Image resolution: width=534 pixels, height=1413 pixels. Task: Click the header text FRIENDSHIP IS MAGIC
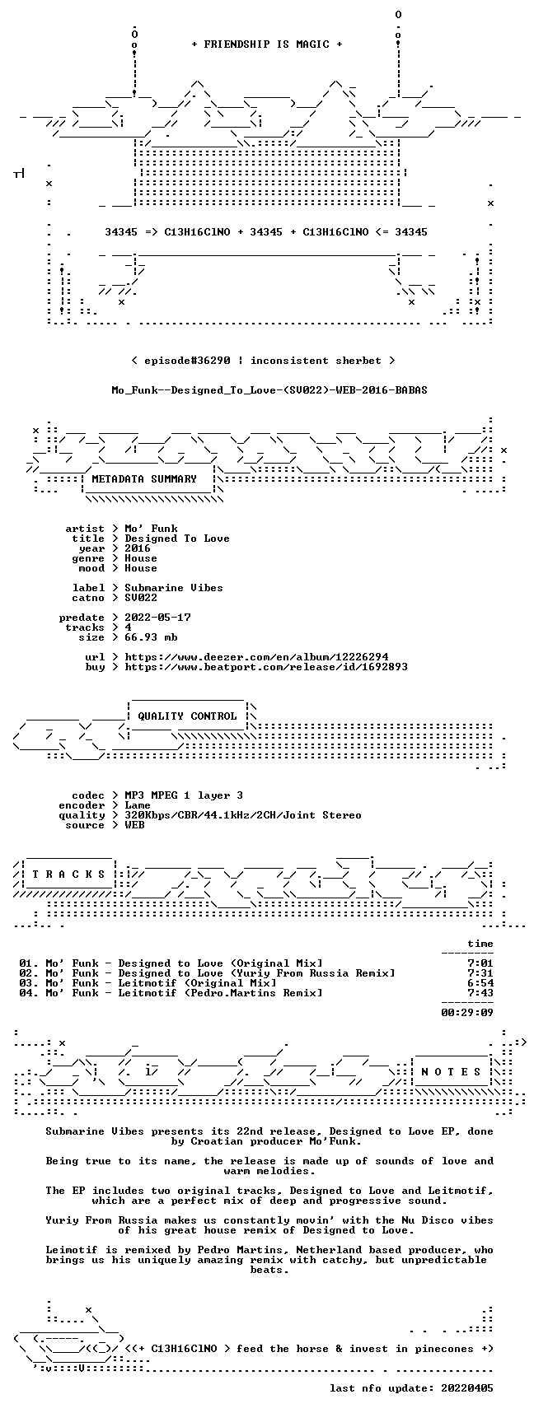(x=267, y=44)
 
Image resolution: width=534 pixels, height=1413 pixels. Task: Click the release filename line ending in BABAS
(x=269, y=389)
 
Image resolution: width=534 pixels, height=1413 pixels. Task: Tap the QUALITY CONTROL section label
(x=187, y=716)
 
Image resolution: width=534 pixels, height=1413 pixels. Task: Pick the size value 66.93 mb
(x=151, y=637)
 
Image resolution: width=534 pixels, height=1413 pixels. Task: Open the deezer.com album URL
(x=256, y=657)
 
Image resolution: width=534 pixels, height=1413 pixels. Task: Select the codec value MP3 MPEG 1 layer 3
(x=184, y=795)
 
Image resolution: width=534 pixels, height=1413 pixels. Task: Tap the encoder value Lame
(x=138, y=805)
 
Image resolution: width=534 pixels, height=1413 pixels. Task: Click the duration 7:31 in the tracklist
(x=480, y=973)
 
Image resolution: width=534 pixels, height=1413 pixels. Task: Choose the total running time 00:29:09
(x=467, y=1013)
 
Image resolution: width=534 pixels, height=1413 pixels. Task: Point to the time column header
(x=480, y=944)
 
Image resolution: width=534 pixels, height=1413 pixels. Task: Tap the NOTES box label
(x=451, y=1072)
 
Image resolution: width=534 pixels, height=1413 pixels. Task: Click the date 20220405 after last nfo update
(x=467, y=1388)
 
